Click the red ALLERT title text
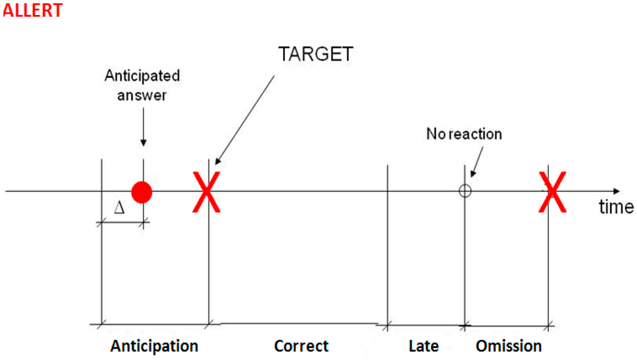32,11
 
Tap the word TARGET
315,54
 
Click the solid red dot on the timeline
142,192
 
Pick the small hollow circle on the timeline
465,192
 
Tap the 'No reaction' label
464,134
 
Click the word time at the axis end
616,207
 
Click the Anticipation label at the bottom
154,346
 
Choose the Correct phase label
301,346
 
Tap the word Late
424,346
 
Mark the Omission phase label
509,346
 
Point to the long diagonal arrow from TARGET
245,118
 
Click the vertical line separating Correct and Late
388,249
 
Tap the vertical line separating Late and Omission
465,261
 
